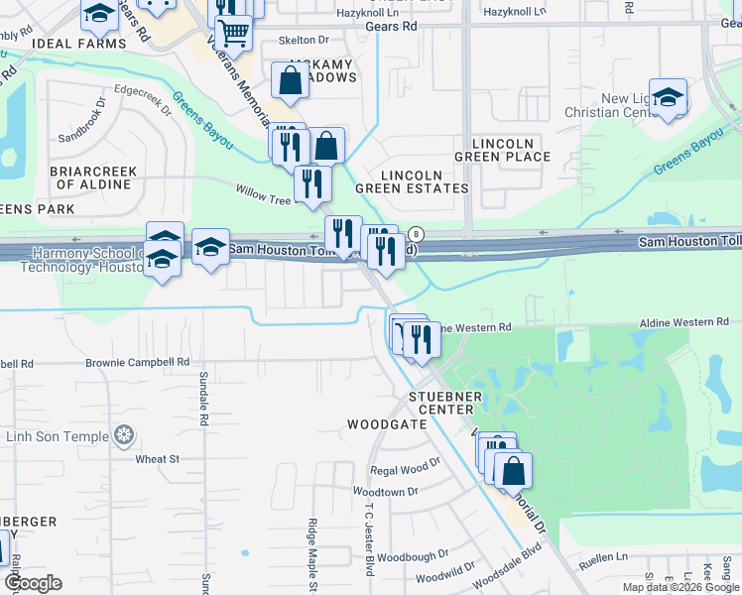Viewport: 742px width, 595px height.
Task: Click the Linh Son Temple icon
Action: click(x=123, y=434)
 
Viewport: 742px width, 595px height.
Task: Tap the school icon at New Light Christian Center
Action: click(x=669, y=98)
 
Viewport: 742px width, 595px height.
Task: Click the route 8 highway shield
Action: click(x=417, y=234)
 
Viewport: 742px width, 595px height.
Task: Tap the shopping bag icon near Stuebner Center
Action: click(x=513, y=470)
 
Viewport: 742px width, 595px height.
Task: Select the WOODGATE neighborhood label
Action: click(x=387, y=423)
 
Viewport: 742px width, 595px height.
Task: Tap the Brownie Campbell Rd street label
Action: click(x=139, y=363)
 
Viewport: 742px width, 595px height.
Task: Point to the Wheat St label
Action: click(x=157, y=458)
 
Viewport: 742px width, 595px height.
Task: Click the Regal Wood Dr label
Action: click(x=404, y=469)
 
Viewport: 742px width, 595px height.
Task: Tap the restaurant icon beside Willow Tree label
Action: click(x=312, y=182)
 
